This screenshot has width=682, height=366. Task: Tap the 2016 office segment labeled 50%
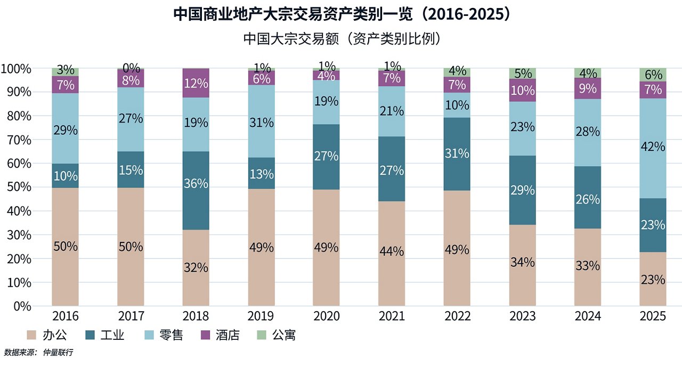pos(65,247)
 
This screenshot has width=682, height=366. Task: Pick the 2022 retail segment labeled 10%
pos(457,105)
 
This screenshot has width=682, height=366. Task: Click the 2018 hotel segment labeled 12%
pos(196,83)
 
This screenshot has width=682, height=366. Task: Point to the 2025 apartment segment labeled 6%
pos(653,75)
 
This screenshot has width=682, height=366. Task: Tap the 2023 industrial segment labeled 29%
pos(522,190)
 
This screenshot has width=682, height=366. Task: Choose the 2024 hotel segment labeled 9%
pos(587,88)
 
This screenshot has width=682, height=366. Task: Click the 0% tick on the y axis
pos(21,306)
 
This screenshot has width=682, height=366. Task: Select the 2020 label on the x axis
pos(326,317)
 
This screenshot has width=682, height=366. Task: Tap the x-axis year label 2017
pos(131,317)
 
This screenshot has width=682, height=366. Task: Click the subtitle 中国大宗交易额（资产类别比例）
pos(341,39)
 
